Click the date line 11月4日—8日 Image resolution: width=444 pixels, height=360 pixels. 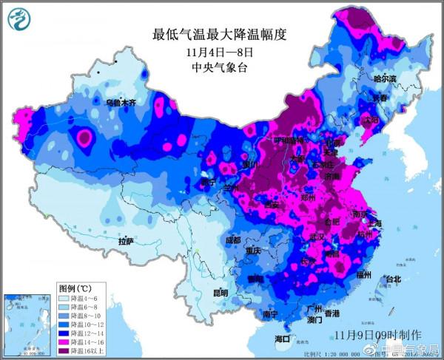(220, 52)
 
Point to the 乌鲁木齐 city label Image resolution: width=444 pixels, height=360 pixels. (120, 102)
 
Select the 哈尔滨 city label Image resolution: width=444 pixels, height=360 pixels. (384, 78)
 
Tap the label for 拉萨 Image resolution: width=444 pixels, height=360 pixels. (125, 241)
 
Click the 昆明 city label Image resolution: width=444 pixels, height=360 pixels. (221, 293)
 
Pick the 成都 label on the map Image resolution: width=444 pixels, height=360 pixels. (232, 240)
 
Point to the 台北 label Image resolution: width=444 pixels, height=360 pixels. (392, 279)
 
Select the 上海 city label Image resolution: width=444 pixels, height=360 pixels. (377, 223)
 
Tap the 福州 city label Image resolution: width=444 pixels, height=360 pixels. (363, 274)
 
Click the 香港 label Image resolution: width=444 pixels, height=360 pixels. (331, 313)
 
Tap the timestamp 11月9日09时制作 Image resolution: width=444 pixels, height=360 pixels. (377, 336)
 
